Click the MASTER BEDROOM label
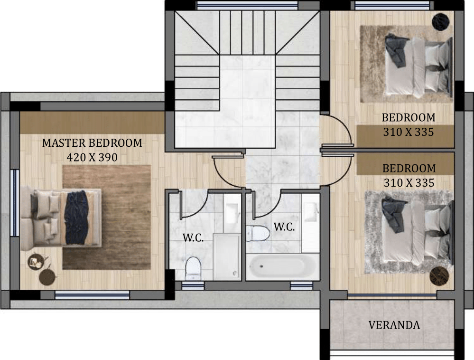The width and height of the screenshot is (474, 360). [x=92, y=143]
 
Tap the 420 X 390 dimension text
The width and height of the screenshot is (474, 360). [x=92, y=158]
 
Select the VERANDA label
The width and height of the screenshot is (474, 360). [x=394, y=325]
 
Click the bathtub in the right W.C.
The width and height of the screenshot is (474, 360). [x=282, y=267]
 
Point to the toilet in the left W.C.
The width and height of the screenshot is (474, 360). [x=193, y=268]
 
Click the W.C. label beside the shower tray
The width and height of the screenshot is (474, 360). [x=193, y=238]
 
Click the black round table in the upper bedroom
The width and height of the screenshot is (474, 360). [x=440, y=21]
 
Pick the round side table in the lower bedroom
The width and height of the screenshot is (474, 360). [x=439, y=276]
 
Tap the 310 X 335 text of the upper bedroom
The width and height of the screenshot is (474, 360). [x=409, y=132]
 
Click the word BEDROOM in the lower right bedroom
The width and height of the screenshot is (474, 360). [x=409, y=168]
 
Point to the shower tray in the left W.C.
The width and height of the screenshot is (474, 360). [x=227, y=256]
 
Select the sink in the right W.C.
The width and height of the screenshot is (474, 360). [x=311, y=212]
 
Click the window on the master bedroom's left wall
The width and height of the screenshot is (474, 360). [x=14, y=203]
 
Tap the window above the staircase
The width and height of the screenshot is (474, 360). [x=247, y=5]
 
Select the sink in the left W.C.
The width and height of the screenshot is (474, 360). [x=232, y=213]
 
